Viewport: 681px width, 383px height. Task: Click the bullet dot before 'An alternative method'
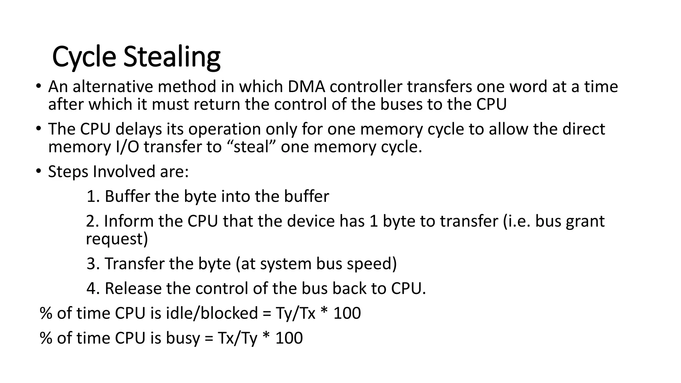pyautogui.click(x=39, y=86)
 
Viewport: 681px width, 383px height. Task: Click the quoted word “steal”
pyautogui.click(x=251, y=147)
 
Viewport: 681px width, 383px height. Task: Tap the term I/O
pyautogui.click(x=127, y=147)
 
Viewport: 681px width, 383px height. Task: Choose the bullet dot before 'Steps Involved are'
pyautogui.click(x=39, y=171)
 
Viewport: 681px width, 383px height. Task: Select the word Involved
pyautogui.click(x=124, y=172)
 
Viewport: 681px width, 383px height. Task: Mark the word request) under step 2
pyautogui.click(x=117, y=239)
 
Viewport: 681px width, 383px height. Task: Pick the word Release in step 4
pyautogui.click(x=133, y=288)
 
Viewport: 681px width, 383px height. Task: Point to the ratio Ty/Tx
pyautogui.click(x=295, y=313)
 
